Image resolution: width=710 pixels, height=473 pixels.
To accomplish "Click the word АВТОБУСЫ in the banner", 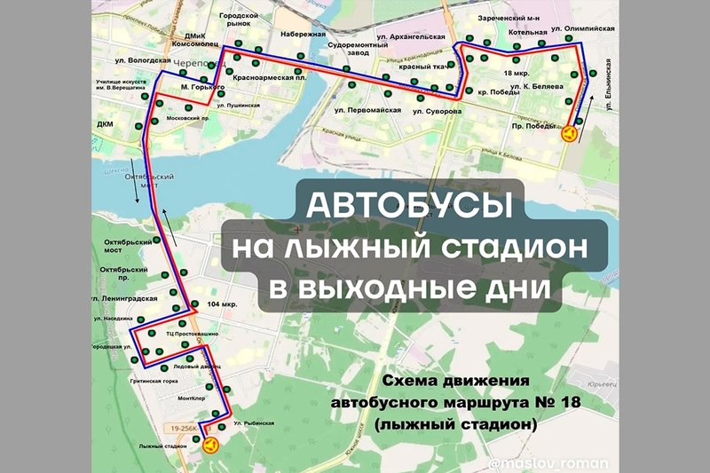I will point(410,204).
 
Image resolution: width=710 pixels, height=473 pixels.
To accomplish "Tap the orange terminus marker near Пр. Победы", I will point(569,134).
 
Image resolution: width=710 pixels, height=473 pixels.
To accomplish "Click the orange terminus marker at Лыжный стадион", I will point(210,445).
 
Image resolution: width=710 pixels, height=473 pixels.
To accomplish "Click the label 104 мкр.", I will point(223,304).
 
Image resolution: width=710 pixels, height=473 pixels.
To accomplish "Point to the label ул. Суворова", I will point(438,112).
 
